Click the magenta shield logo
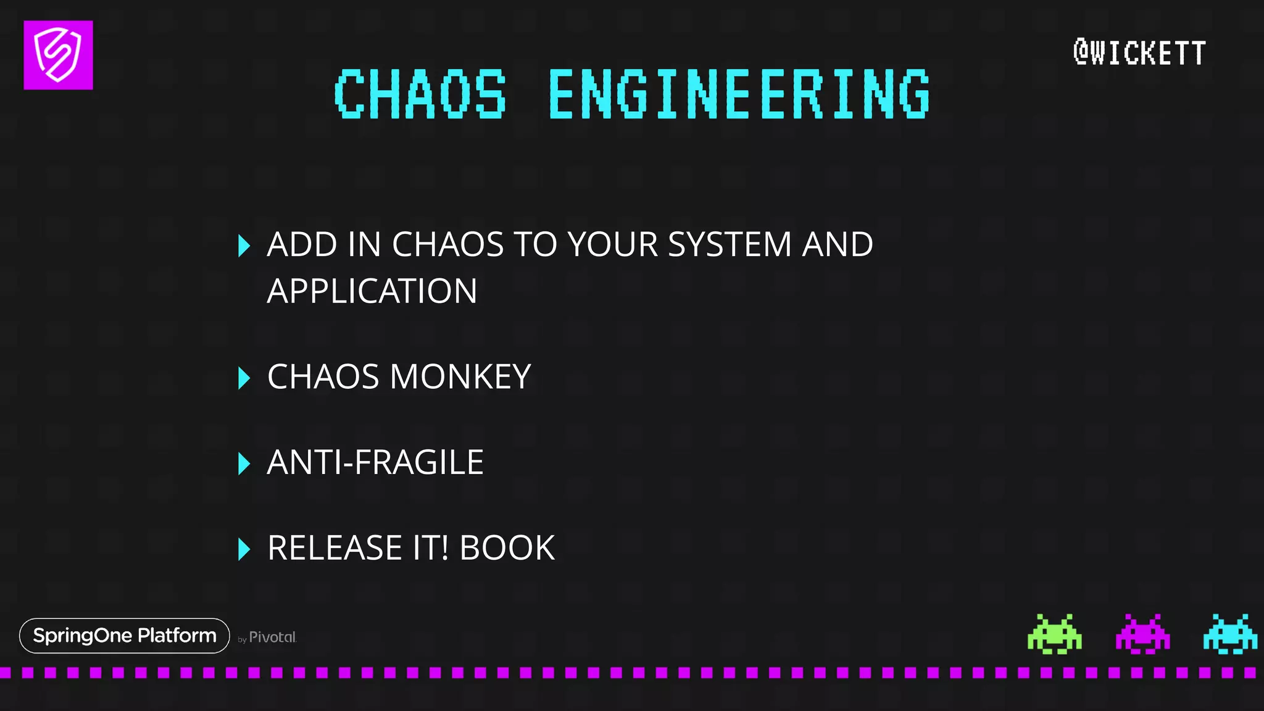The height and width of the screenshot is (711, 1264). (x=58, y=55)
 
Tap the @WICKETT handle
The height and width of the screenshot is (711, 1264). (x=1139, y=52)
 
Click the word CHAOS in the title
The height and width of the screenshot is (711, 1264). (x=420, y=94)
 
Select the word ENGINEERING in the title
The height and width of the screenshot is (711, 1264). (x=739, y=94)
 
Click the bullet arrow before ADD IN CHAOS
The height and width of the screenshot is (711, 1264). (x=244, y=246)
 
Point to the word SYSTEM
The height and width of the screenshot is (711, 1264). (x=730, y=244)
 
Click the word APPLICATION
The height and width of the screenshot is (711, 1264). (x=372, y=291)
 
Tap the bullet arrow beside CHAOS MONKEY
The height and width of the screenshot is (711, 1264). (x=244, y=378)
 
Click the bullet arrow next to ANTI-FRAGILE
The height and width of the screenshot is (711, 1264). (x=244, y=464)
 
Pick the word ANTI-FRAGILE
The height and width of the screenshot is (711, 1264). (x=375, y=462)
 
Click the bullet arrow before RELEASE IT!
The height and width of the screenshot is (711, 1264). (x=244, y=549)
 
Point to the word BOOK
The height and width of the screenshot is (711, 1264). (x=507, y=548)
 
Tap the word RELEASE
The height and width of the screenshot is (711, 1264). (x=335, y=548)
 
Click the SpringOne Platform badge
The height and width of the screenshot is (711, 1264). (x=125, y=636)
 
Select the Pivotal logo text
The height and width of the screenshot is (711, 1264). (x=272, y=637)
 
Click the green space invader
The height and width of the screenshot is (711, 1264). (x=1054, y=634)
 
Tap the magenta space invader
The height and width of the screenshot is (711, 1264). (x=1142, y=634)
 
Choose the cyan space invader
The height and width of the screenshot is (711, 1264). (x=1230, y=634)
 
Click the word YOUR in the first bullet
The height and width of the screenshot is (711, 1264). (x=613, y=244)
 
